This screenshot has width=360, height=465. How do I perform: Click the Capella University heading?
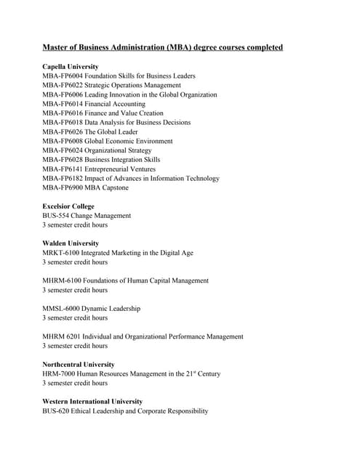tap(71, 67)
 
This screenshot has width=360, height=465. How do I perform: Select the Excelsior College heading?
tap(68, 206)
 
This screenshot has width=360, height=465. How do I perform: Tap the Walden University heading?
tap(71, 243)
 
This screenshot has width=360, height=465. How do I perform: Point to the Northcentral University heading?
tap(79, 365)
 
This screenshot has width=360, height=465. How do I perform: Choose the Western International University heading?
tap(92, 402)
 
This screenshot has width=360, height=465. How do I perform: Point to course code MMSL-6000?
tap(62, 308)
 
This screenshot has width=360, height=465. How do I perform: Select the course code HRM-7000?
tap(60, 373)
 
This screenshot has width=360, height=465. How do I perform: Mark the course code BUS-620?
tap(56, 411)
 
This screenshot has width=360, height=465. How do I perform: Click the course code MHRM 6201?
tap(62, 336)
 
